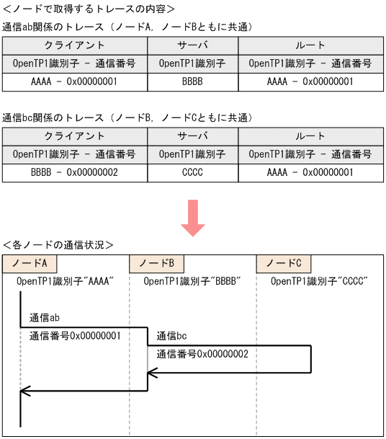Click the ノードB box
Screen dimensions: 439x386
pyautogui.click(x=156, y=262)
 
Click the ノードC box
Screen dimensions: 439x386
pyautogui.click(x=283, y=262)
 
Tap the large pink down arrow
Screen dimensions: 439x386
pyautogui.click(x=193, y=217)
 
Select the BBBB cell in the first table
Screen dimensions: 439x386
pyautogui.click(x=192, y=81)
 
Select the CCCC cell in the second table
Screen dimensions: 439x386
pyautogui.click(x=192, y=172)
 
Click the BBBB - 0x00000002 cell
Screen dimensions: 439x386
pyautogui.click(x=74, y=172)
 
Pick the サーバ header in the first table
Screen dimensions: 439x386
pyautogui.click(x=192, y=45)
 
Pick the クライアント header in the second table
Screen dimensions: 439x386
pyautogui.click(x=74, y=136)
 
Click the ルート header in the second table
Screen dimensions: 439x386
pyautogui.click(x=310, y=136)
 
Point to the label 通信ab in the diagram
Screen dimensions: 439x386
pyautogui.click(x=44, y=317)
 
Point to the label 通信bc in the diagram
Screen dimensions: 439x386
pyautogui.click(x=171, y=336)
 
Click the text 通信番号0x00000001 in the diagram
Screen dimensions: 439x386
pyautogui.click(x=74, y=335)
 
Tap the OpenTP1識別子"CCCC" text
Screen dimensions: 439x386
pyautogui.click(x=319, y=281)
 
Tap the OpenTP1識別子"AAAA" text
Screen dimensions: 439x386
pyautogui.click(x=66, y=281)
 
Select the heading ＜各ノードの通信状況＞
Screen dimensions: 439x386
pyautogui.click(x=58, y=244)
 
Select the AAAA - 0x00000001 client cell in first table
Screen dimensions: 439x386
pyautogui.click(x=74, y=81)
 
